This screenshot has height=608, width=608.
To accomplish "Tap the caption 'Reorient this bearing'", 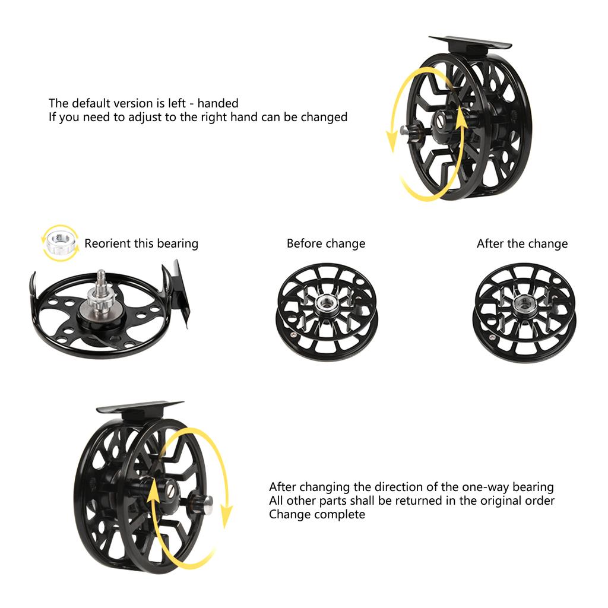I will [x=141, y=243].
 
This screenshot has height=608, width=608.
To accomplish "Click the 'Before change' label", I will [x=325, y=243].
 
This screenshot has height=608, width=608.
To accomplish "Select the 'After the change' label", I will [x=522, y=243].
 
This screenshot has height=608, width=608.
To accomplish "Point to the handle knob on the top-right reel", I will [x=406, y=129].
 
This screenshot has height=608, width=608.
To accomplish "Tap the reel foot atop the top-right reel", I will [x=470, y=42].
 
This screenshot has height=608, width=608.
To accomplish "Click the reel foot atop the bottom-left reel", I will [x=140, y=408].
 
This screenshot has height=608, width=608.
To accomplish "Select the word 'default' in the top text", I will [x=89, y=103].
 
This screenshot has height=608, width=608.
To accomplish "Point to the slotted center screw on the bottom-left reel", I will [x=169, y=491].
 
